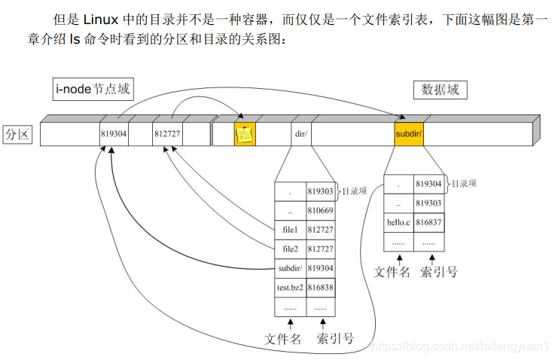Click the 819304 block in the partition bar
click(114, 135)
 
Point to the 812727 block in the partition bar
click(167, 135)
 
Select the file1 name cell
click(291, 230)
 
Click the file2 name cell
click(291, 249)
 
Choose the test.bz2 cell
click(291, 288)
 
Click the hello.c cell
click(398, 222)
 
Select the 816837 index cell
click(428, 222)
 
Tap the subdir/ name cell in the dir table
click(291, 268)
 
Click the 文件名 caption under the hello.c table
click(392, 271)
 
